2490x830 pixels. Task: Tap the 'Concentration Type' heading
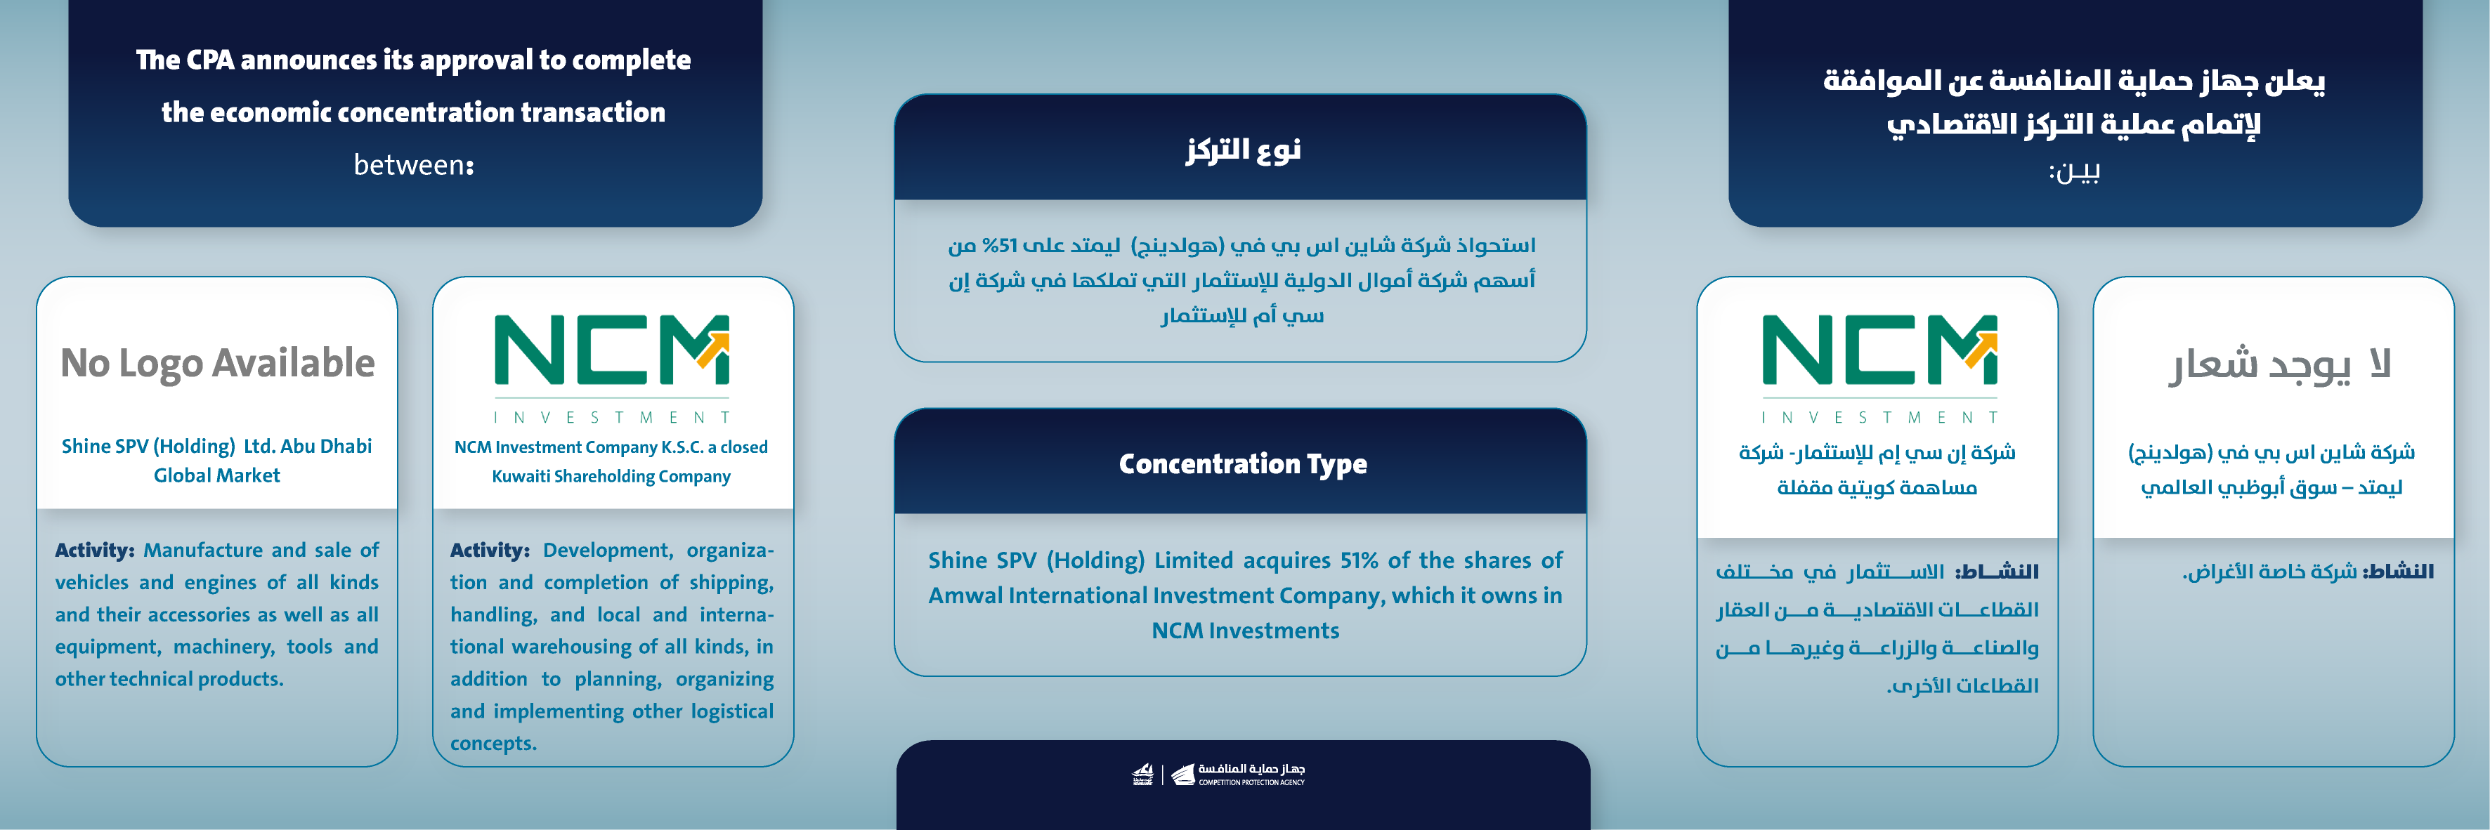point(1242,463)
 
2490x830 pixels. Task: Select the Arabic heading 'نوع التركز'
point(1243,150)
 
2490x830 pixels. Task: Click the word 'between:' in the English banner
point(414,165)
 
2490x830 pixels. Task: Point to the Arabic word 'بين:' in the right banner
point(2073,172)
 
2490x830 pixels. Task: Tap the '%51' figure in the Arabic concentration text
point(1000,246)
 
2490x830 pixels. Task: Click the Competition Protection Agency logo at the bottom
point(1220,774)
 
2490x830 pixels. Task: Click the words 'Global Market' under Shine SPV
point(216,475)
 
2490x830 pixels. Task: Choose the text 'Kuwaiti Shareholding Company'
point(611,476)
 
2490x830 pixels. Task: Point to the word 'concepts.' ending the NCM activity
point(493,743)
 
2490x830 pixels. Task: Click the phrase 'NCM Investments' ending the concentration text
point(1245,631)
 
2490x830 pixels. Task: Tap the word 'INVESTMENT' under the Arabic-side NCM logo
point(1879,417)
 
